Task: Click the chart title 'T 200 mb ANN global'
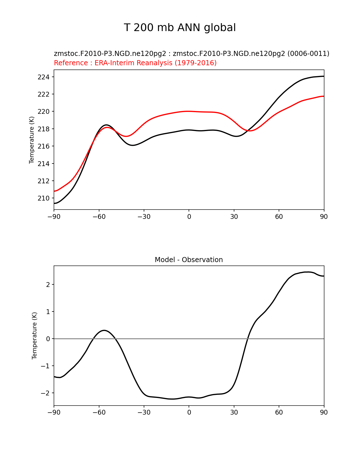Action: (180, 28)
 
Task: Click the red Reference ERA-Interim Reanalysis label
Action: (135, 63)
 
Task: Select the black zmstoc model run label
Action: (191, 54)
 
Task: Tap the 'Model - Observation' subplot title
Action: (189, 260)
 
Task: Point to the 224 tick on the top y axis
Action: (43, 77)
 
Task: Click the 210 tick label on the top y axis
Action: (43, 198)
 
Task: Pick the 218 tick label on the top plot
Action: (43, 129)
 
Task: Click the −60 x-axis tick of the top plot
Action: (99, 217)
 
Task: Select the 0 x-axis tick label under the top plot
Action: (189, 217)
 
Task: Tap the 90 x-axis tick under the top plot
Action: (324, 217)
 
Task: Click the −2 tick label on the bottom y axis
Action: (45, 393)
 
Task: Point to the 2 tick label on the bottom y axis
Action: (48, 285)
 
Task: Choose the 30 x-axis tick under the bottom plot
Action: (234, 412)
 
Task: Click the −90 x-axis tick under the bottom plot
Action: (54, 412)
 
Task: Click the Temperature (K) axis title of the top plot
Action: (32, 140)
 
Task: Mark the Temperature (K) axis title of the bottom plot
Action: (34, 336)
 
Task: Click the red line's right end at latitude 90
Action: (324, 96)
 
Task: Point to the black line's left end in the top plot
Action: (54, 203)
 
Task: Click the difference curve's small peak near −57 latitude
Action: (104, 330)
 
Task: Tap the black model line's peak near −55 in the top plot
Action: (106, 125)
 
